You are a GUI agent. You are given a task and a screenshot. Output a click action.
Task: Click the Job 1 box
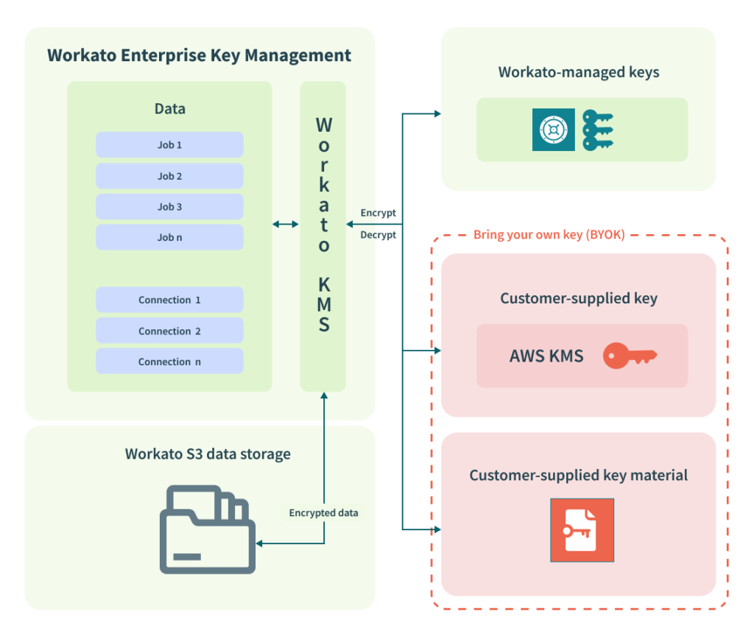[169, 145]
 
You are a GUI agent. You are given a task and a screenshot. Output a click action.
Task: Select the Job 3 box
[169, 207]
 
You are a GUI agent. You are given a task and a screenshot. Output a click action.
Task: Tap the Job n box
[169, 238]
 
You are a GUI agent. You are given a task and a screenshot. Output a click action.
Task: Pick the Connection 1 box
[169, 300]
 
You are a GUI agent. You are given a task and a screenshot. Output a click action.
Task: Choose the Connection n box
[169, 362]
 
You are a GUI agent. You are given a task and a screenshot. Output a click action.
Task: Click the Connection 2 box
[169, 331]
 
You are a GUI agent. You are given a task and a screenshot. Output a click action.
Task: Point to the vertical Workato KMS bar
[323, 236]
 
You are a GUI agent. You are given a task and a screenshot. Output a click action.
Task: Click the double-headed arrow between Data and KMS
[286, 224]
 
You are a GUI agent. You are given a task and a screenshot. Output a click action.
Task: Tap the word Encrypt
[378, 213]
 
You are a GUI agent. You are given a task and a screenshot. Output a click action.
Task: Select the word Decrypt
[378, 235]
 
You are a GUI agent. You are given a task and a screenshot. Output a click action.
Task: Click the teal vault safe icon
[553, 130]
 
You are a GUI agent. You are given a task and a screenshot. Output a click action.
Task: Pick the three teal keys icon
[597, 130]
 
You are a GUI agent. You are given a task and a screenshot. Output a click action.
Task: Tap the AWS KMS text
[546, 356]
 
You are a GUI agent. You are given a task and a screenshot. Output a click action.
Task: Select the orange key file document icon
[582, 530]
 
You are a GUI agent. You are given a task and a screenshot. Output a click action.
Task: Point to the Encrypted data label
[323, 513]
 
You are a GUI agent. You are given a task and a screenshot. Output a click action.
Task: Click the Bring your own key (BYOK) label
[549, 235]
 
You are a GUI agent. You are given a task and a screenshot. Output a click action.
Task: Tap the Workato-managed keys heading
[578, 72]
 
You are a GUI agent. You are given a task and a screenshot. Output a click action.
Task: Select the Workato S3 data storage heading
[208, 454]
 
